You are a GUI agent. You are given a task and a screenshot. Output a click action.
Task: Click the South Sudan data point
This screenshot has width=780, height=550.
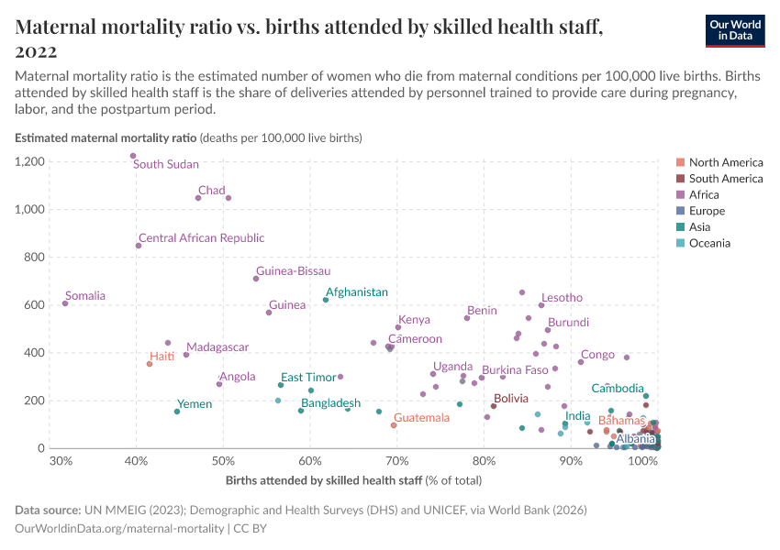133,156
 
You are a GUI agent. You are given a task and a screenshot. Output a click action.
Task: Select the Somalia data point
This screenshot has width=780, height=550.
65,303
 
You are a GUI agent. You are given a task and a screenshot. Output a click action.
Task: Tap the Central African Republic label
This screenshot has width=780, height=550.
201,238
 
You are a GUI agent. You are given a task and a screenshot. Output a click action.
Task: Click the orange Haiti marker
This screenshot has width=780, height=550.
150,364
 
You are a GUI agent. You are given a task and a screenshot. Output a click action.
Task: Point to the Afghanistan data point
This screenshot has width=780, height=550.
326,300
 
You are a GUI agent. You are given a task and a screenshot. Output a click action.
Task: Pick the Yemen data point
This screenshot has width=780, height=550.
177,412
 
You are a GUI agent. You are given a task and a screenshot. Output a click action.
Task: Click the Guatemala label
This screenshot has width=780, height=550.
422,418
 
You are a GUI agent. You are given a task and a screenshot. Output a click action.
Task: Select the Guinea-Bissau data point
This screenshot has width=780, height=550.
256,279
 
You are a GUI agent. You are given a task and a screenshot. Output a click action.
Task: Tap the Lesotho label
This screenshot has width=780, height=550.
562,298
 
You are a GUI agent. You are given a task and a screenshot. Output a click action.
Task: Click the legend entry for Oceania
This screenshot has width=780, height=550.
709,243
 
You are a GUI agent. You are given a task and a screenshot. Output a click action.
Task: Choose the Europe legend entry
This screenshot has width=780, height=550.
708,211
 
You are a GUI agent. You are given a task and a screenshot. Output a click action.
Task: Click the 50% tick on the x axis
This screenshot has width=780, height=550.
223,461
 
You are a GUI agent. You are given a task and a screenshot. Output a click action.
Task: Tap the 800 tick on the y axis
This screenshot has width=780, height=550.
35,258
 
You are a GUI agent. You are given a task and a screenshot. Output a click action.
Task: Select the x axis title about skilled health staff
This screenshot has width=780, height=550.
353,480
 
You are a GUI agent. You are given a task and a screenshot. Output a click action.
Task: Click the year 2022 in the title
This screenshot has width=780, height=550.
37,51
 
